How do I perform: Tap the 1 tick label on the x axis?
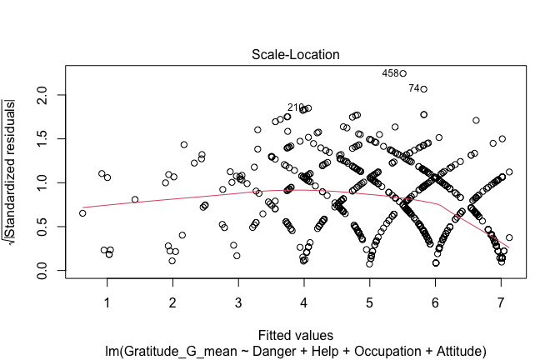[x=107, y=301]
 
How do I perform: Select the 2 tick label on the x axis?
[x=172, y=301]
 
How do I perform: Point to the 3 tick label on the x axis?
[x=238, y=301]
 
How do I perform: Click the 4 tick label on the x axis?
[x=303, y=301]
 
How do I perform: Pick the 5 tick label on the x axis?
[x=369, y=301]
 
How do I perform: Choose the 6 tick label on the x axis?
[x=435, y=301]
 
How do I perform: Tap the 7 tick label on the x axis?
[x=501, y=301]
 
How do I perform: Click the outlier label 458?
[x=390, y=73]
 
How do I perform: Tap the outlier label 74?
[x=414, y=88]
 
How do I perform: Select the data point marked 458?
[x=402, y=73]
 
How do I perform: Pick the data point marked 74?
[x=423, y=88]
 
